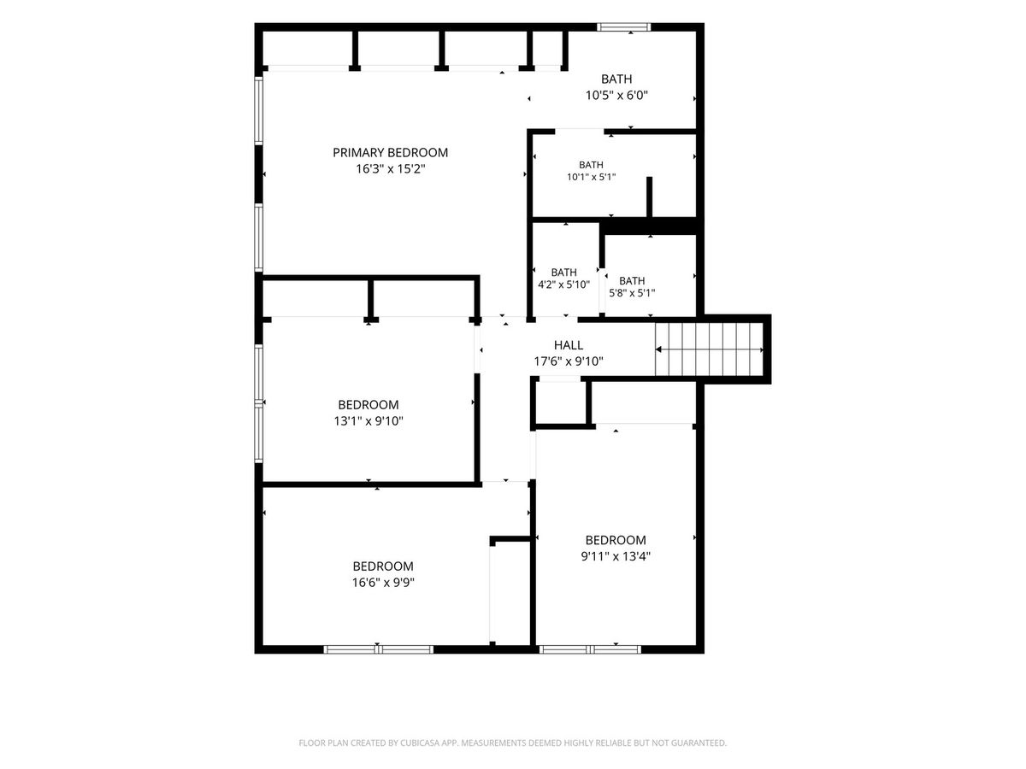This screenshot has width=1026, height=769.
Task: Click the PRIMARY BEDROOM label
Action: [x=390, y=153]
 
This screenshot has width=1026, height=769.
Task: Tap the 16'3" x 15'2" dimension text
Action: [x=390, y=169]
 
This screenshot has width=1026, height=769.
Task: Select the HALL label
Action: [x=569, y=345]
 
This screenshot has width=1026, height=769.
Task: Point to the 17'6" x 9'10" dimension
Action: [x=569, y=361]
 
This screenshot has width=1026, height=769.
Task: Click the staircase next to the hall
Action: [x=709, y=349]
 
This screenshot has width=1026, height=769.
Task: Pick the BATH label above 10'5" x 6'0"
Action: [x=616, y=79]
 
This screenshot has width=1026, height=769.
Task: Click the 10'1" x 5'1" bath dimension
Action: [x=592, y=178]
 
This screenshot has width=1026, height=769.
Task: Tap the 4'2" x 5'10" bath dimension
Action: [x=563, y=285]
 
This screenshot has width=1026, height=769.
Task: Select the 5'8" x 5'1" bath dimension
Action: [x=632, y=293]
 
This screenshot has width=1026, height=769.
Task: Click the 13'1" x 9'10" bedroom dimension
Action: [x=369, y=421]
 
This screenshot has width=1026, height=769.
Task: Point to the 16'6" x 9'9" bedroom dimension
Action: [x=383, y=583]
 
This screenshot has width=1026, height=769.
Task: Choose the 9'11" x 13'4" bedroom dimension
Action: [x=616, y=556]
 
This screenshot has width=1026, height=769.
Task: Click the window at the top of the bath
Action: [x=624, y=27]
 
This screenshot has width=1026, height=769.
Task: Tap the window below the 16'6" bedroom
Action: [x=379, y=649]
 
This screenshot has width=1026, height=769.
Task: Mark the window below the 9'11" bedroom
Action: [x=590, y=649]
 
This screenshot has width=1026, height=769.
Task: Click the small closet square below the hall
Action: [x=560, y=403]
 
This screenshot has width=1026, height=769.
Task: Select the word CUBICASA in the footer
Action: [x=420, y=743]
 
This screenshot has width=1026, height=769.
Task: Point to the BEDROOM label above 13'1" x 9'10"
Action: [x=369, y=405]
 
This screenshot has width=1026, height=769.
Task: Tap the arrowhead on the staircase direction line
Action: [x=658, y=349]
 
